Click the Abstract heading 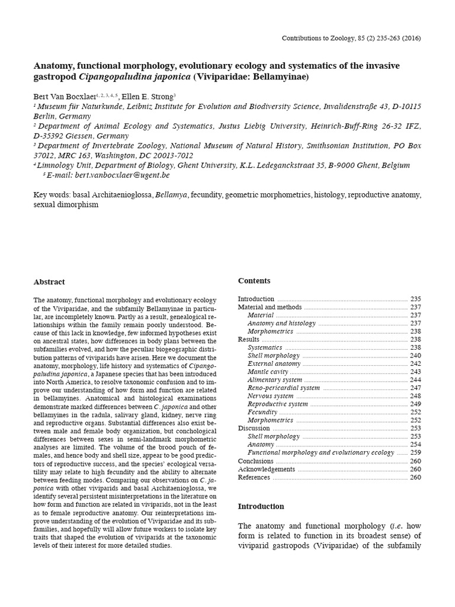click(49, 282)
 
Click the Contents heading click(254, 280)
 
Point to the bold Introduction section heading click(261, 506)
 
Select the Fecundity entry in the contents click(262, 412)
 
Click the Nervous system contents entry click(270, 396)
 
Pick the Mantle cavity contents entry click(266, 372)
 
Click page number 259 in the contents click(415, 452)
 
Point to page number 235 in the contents click(415, 299)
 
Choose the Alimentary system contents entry click(274, 380)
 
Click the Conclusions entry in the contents click(256, 461)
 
